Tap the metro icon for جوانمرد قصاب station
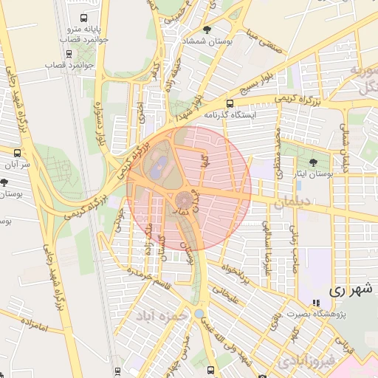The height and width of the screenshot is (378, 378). [69, 53]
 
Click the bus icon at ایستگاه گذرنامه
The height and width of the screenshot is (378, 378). [230, 103]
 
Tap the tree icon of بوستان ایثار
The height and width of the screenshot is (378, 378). [315, 161]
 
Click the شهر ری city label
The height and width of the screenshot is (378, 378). [348, 289]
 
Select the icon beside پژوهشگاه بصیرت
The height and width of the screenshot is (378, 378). [316, 303]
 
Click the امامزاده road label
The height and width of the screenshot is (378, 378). [34, 322]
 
